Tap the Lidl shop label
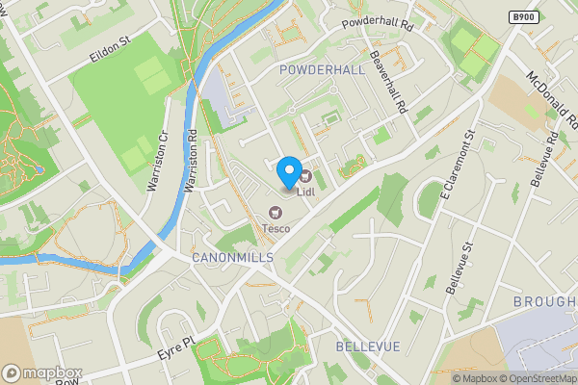click(x=306, y=192)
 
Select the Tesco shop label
click(x=276, y=228)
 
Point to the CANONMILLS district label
click(x=232, y=258)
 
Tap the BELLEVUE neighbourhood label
click(x=367, y=345)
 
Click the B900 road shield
click(x=523, y=17)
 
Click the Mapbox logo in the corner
click(x=41, y=372)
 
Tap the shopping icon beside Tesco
click(x=276, y=213)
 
